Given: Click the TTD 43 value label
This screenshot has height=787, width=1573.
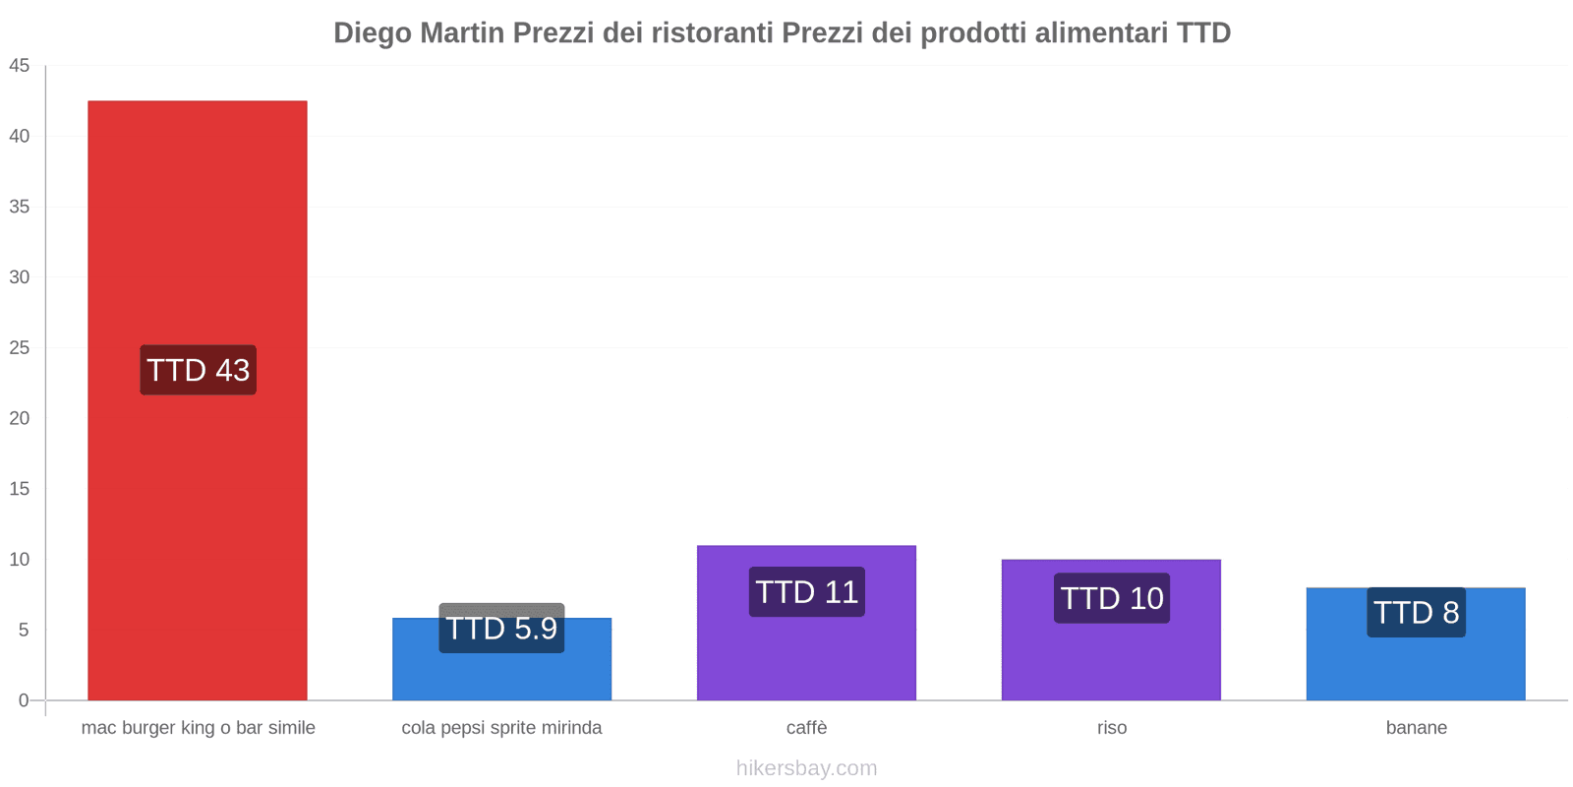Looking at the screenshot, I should coord(198,370).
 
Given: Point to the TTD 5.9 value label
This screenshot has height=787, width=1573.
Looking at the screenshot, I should coord(501,628).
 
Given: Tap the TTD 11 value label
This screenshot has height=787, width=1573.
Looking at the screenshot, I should coord(806,592).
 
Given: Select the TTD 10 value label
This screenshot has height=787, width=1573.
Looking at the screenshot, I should coord(1111,598).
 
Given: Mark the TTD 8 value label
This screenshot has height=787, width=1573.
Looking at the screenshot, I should coord(1416,613).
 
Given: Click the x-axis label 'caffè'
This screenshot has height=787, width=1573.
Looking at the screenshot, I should coord(806,728).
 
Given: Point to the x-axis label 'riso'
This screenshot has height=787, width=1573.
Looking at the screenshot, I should coord(1112,728).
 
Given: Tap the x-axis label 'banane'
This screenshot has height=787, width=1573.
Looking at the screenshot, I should coord(1416,728).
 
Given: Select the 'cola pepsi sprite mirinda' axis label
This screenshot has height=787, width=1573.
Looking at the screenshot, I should coord(501,728).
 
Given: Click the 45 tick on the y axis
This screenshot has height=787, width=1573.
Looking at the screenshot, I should coord(20,66).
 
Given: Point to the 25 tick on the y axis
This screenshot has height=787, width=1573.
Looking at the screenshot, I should coord(20,348).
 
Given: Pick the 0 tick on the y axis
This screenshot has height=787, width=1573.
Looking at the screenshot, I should coord(24,700).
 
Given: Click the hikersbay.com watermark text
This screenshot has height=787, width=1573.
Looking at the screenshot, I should coord(806,768).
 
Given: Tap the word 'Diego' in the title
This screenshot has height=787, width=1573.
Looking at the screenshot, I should coord(373,33).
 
